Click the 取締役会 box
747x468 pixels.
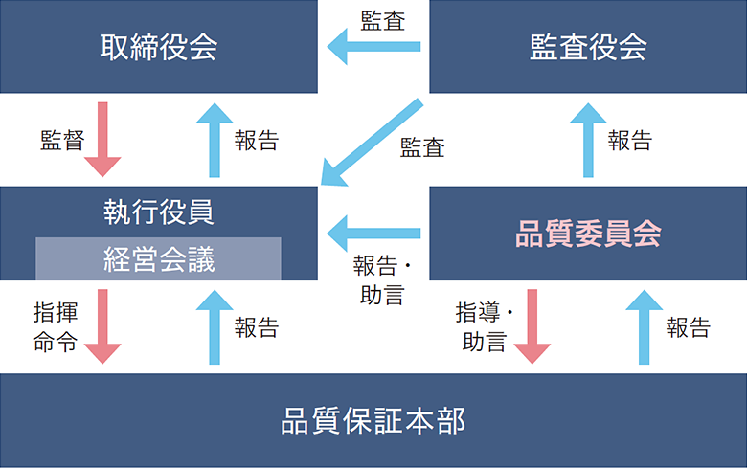click(x=158, y=46)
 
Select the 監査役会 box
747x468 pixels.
click(x=588, y=46)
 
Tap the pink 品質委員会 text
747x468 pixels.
click(x=588, y=234)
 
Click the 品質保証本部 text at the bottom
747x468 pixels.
click(x=373, y=421)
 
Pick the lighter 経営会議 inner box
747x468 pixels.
click(x=158, y=259)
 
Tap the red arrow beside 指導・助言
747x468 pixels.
click(x=532, y=325)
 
